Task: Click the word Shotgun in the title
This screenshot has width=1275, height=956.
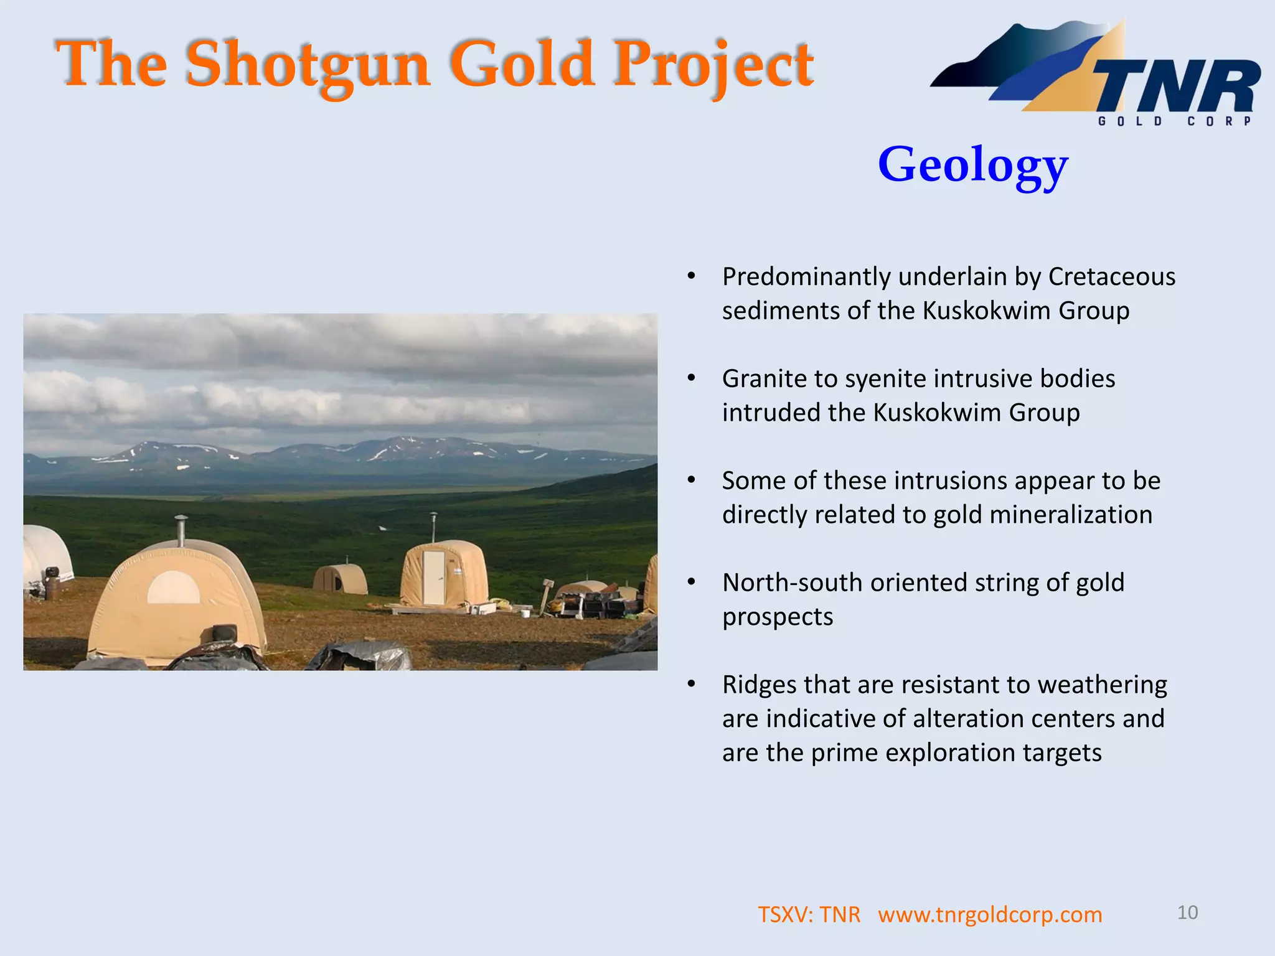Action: tap(308, 64)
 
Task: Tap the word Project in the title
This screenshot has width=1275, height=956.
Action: tap(713, 64)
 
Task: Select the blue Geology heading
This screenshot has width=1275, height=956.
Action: tap(972, 165)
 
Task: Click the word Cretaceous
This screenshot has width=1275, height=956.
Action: tap(1111, 277)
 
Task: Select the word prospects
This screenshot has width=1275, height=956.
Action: tap(777, 617)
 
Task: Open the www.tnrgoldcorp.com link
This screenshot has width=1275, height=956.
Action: tap(990, 915)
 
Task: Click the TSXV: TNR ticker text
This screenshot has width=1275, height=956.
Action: tap(808, 915)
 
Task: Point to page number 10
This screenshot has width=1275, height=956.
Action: tap(1187, 912)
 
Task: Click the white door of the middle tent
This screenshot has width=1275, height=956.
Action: tap(433, 577)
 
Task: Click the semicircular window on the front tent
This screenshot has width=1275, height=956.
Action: tap(173, 588)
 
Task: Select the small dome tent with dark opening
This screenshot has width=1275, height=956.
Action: tap(339, 579)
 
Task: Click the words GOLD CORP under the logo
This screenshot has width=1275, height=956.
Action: tap(1174, 121)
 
